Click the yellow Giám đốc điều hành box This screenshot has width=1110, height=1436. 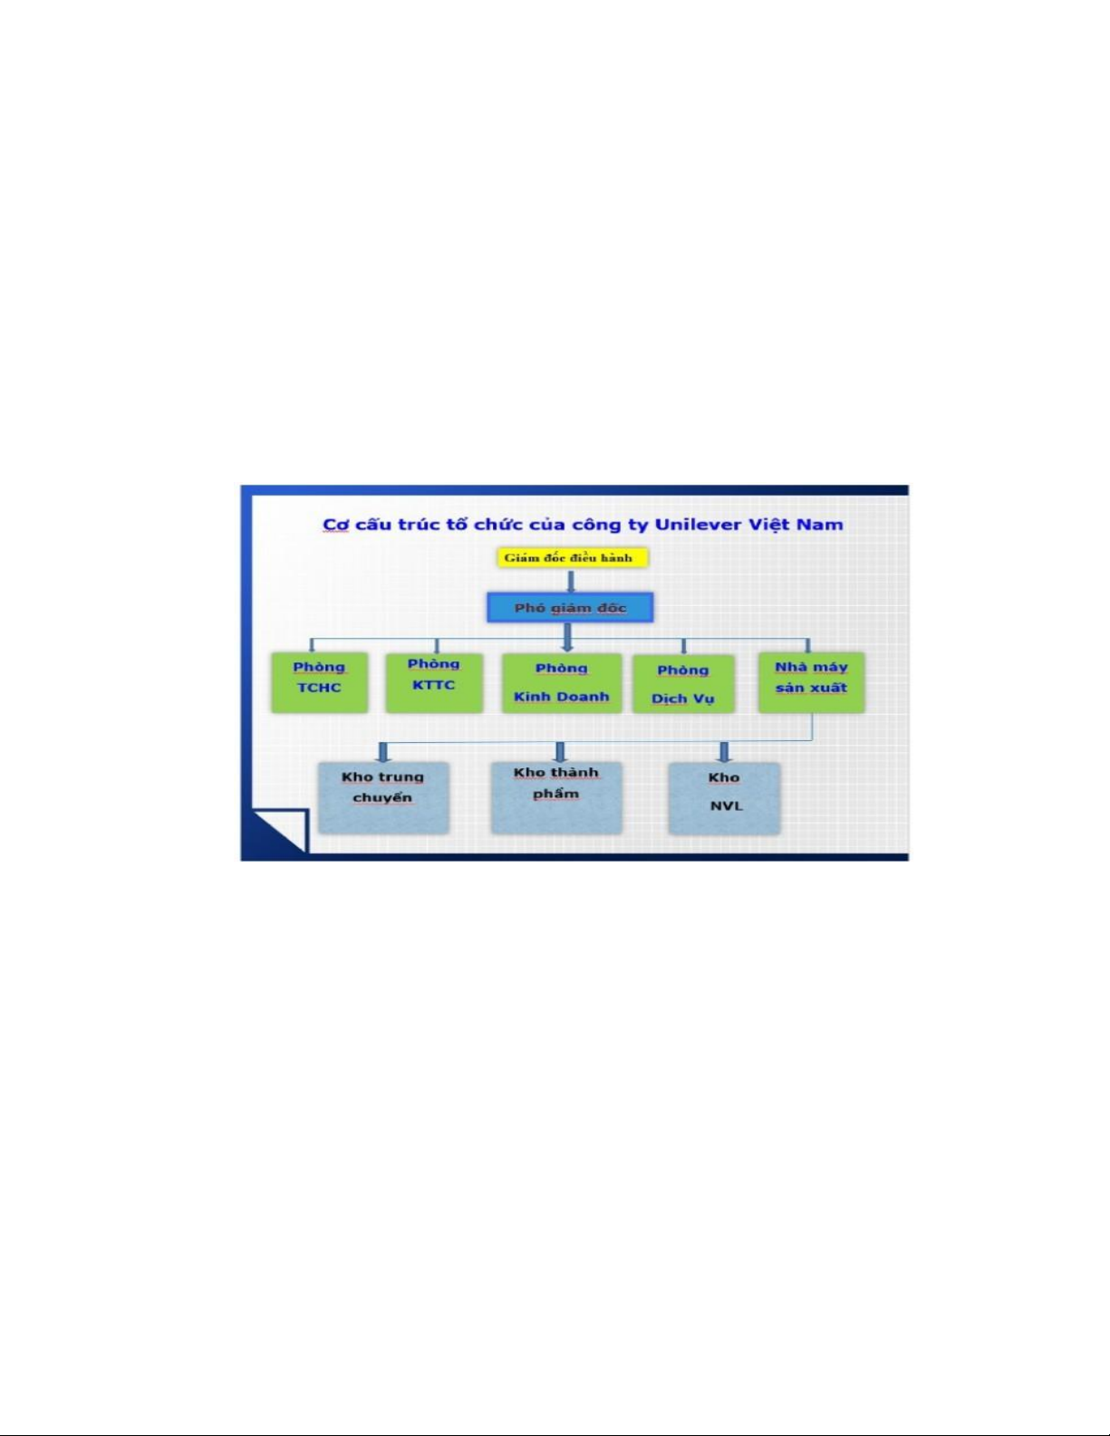[572, 558]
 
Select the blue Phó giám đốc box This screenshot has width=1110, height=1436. [570, 608]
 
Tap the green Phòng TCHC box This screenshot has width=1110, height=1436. [320, 682]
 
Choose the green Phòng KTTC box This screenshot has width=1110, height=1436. [434, 682]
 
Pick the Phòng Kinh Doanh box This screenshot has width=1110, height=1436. [562, 683]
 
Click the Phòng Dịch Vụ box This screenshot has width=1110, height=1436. [683, 684]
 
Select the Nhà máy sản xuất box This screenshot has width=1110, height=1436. [811, 682]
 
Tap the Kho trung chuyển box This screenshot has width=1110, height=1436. [383, 797]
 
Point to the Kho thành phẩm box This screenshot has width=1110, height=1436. [556, 797]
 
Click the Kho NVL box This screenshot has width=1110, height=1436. [724, 798]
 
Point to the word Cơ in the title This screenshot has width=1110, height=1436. [335, 525]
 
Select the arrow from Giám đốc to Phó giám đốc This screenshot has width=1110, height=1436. [571, 581]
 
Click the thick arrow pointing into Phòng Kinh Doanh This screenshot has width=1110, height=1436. [567, 638]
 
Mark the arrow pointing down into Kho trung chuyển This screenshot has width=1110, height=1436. [382, 752]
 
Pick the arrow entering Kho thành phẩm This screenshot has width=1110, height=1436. [560, 752]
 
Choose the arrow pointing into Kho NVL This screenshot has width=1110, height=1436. [724, 752]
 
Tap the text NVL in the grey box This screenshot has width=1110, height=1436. [726, 806]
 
